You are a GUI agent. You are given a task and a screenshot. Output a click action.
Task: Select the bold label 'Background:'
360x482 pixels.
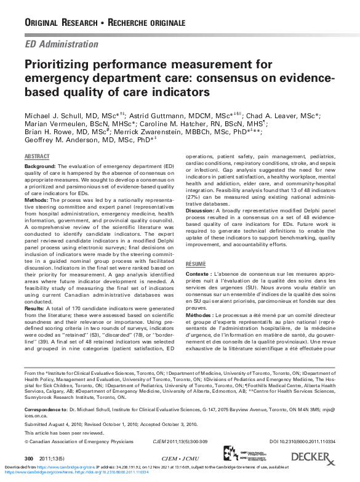coord(40,167)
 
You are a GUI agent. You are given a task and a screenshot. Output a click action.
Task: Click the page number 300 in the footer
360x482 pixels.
coord(28,459)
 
